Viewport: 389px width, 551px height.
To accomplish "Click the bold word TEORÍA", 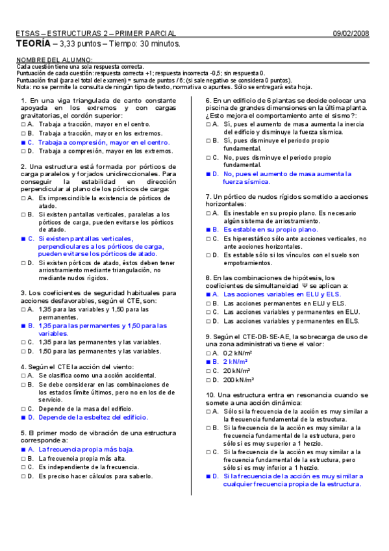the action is pyautogui.click(x=32, y=44).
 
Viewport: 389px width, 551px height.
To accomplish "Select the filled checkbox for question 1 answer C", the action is pyautogui.click(x=23, y=142).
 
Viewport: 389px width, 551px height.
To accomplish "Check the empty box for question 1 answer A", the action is pyautogui.click(x=23, y=123).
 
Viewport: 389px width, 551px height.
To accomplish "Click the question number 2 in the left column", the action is pyautogui.click(x=23, y=166).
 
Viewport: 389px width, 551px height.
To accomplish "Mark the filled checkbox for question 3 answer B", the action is pyautogui.click(x=23, y=326).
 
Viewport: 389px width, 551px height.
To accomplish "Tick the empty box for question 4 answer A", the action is pyautogui.click(x=23, y=376).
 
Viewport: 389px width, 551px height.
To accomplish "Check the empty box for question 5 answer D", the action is pyautogui.click(x=23, y=476).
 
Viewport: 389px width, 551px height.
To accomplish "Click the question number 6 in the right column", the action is pyautogui.click(x=207, y=101).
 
